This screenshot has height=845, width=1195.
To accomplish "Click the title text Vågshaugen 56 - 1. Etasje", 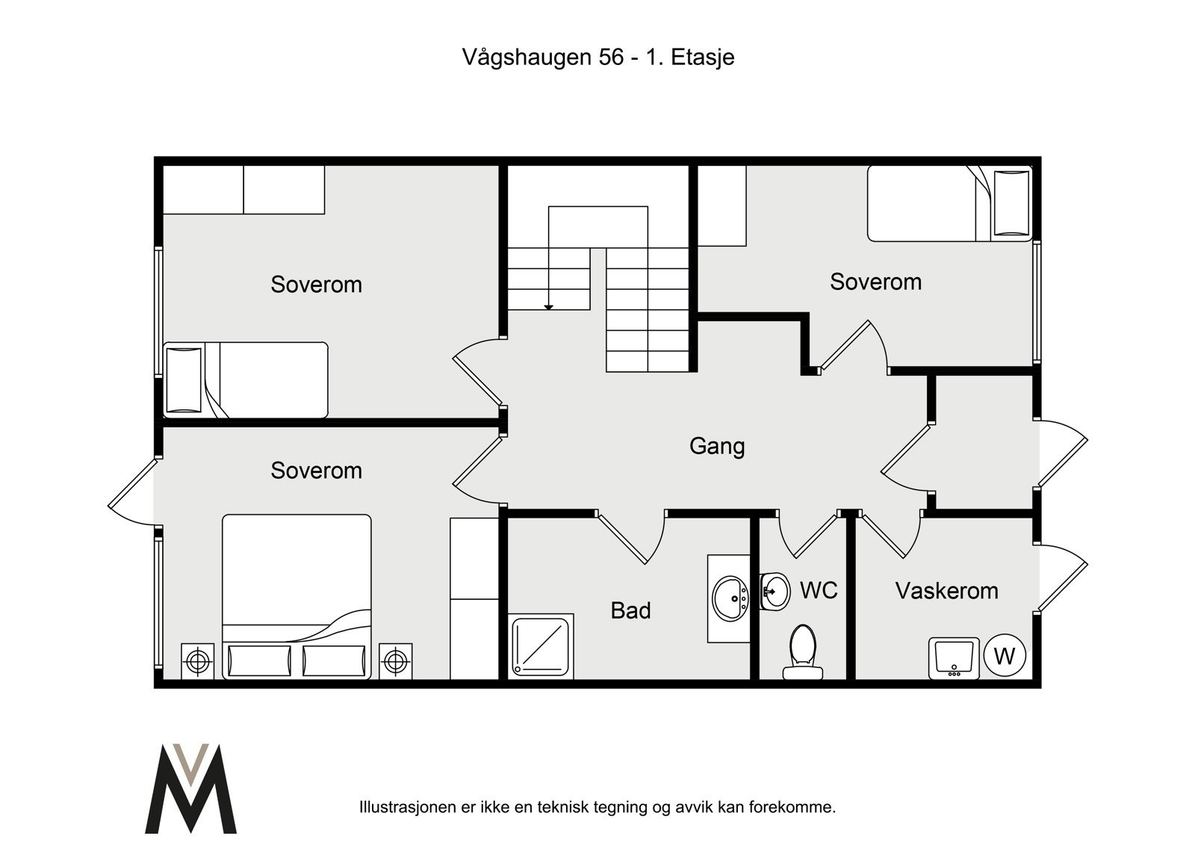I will pos(597,57).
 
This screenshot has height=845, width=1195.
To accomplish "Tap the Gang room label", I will pos(716,446).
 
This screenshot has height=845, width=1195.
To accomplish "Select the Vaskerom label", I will pos(946,590).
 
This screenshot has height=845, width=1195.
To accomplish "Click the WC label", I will pos(819,590).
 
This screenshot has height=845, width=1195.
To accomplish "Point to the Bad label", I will pos(630,610).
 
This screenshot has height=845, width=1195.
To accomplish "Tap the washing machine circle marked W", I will pos(1005,656).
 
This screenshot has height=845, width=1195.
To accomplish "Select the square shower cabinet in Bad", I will pos(541,646).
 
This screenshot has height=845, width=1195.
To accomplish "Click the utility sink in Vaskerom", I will pos(953,658).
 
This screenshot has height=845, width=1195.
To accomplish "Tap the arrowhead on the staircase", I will pos(548,306).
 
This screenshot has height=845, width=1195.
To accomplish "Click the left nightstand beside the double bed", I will pos(197,661).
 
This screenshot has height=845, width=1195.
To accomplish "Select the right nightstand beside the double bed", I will pos(395,661).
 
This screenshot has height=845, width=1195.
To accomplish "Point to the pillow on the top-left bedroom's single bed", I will pos(184,379).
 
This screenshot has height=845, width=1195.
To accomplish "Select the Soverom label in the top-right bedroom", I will pos(875,282).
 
